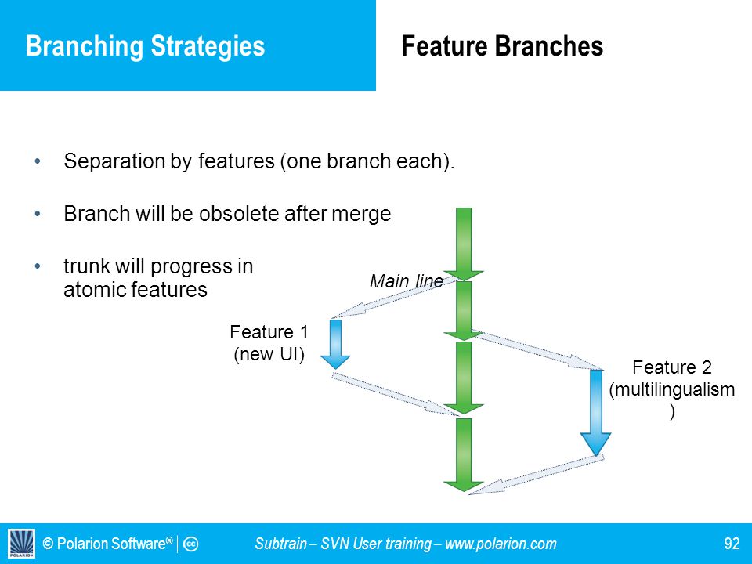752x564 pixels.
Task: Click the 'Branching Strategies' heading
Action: coord(145,47)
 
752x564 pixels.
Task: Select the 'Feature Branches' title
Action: coord(502,46)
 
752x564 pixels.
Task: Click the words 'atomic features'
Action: coord(136,290)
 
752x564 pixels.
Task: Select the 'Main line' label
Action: coord(407,281)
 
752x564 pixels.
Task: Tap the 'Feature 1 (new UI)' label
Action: coord(269,343)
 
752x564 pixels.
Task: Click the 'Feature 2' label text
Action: coord(672,367)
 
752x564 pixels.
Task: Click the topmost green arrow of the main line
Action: coord(464,244)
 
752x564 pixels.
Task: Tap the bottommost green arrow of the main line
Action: coord(464,454)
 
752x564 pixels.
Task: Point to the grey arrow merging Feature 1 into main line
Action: coord(394,394)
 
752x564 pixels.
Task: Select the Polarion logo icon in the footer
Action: coord(22,544)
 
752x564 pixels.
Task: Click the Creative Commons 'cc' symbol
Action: coord(190,544)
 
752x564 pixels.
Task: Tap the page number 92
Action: coord(732,544)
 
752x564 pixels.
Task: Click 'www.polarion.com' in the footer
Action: coord(501,544)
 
